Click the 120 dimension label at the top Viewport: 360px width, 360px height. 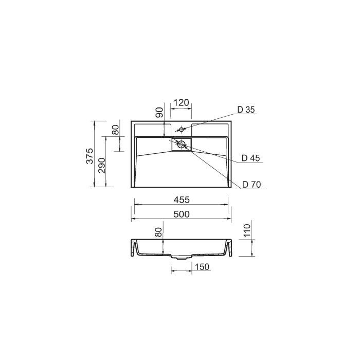[181, 103]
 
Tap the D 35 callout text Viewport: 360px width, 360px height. [246, 110]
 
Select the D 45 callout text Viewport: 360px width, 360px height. [251, 158]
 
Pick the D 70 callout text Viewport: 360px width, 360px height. [252, 184]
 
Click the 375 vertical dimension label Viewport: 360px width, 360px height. [90, 156]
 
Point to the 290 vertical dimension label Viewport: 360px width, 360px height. [101, 166]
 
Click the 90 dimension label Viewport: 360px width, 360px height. [160, 112]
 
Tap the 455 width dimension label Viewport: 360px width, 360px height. [182, 200]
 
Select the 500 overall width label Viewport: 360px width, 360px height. [182, 214]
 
